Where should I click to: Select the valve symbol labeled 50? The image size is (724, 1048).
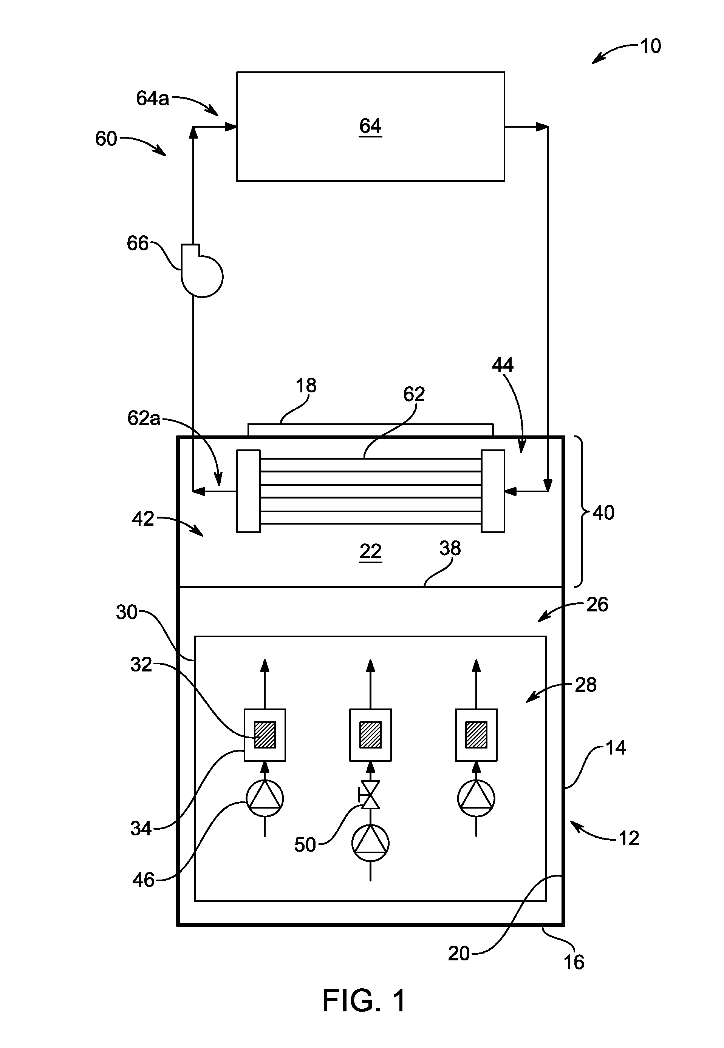pos(370,807)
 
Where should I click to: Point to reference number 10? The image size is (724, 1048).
pos(650,46)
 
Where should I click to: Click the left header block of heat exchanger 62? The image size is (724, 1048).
pos(249,491)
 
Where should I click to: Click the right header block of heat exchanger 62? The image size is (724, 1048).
pos(493,491)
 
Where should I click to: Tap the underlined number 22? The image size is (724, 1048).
pos(370,552)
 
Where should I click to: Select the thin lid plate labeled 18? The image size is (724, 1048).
pos(370,430)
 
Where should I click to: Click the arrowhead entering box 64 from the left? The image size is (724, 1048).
pos(231,127)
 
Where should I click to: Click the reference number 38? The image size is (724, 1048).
pos(450,548)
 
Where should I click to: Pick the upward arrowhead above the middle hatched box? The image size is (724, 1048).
pos(370,665)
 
